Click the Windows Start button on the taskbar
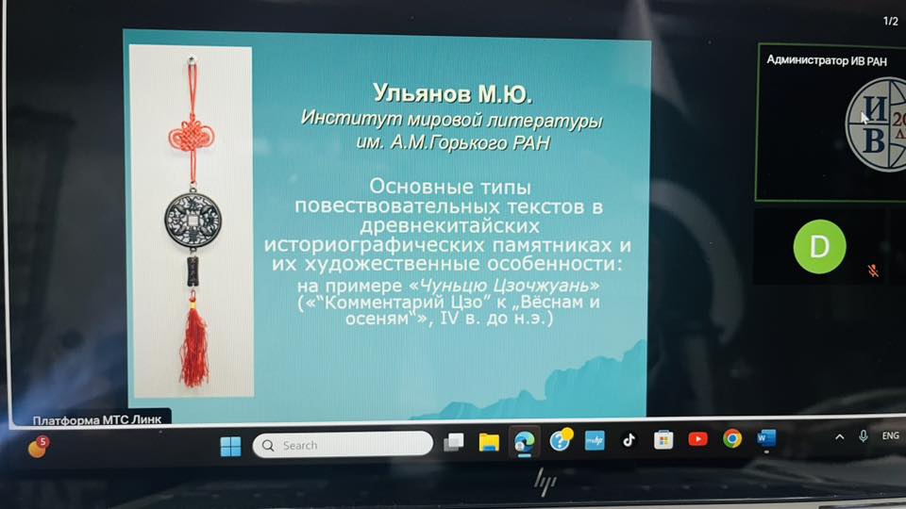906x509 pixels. coord(230,446)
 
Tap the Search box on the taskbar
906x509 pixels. coord(343,445)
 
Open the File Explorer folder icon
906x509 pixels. coord(489,442)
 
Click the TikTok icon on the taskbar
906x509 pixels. coord(629,441)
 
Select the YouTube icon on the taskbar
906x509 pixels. coord(697,439)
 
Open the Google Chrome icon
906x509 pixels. coord(732,438)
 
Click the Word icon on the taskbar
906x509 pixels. coord(766,438)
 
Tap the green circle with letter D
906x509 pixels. coord(819,246)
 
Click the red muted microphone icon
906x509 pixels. coord(873,271)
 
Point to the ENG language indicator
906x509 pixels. coord(890,435)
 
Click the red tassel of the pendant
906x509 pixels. coord(194,346)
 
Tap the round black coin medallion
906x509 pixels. coord(193,220)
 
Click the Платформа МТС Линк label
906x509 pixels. coord(97,419)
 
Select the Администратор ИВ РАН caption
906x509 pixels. coord(827,60)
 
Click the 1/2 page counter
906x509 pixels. coord(890,21)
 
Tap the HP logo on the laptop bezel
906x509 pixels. coord(545,483)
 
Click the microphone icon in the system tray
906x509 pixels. coord(864,436)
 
